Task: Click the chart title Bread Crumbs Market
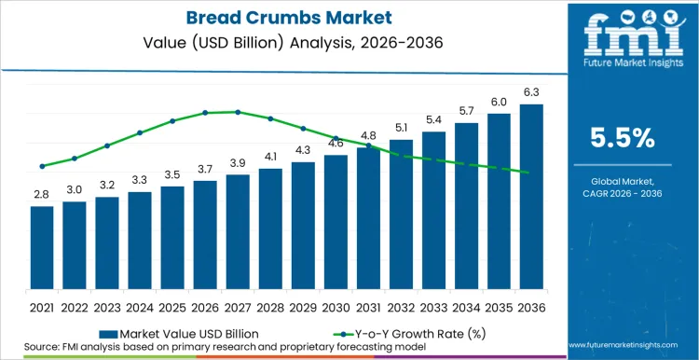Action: [279, 17]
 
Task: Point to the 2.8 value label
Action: [42, 195]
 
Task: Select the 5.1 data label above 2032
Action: [401, 128]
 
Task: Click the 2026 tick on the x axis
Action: [205, 306]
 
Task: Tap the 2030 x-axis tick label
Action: [336, 306]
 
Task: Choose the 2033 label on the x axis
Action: [433, 306]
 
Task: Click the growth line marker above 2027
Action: [238, 112]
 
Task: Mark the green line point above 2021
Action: [42, 166]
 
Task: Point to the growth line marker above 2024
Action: [140, 132]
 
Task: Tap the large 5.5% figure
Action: [623, 138]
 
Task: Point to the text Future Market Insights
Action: [623, 68]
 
